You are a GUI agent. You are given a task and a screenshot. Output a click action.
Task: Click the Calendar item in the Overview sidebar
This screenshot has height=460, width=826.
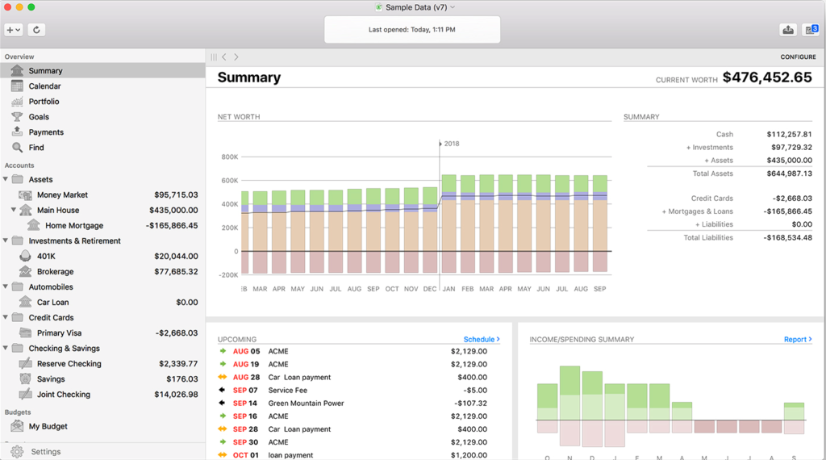coord(44,86)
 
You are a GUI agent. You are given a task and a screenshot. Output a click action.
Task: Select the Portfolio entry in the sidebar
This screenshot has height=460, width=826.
coord(44,102)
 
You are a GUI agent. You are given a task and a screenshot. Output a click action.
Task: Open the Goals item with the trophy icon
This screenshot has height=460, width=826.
coord(39,117)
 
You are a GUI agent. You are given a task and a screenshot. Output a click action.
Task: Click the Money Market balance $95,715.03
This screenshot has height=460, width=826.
coord(176,194)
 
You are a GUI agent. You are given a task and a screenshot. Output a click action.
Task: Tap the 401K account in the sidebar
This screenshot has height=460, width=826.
coord(46,257)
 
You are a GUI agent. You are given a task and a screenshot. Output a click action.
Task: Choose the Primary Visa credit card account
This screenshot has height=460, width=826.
coord(59,333)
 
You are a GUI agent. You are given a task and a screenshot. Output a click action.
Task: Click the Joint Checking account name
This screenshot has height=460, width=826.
coord(63,395)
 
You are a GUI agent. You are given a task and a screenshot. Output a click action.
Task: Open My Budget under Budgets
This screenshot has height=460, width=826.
coord(48,426)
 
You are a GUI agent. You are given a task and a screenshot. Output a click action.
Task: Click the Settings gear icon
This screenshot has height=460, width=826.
coord(17,452)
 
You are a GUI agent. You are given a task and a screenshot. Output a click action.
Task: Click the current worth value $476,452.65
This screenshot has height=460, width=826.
coord(766,77)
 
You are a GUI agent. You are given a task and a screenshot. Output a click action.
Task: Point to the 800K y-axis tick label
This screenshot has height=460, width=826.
coord(229,157)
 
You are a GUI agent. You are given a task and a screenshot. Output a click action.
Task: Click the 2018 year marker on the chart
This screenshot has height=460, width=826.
coord(451,144)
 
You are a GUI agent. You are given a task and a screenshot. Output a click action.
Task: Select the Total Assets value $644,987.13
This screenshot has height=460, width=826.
coord(789,174)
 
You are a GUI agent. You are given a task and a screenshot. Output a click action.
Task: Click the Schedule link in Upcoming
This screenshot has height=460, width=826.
coord(481,340)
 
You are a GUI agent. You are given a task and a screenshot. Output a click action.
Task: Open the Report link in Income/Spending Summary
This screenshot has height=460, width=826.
coord(797,340)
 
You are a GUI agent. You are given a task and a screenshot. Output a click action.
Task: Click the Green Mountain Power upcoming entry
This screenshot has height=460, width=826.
coord(306,404)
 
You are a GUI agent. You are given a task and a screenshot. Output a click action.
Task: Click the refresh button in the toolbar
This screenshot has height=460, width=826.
coord(36,30)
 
